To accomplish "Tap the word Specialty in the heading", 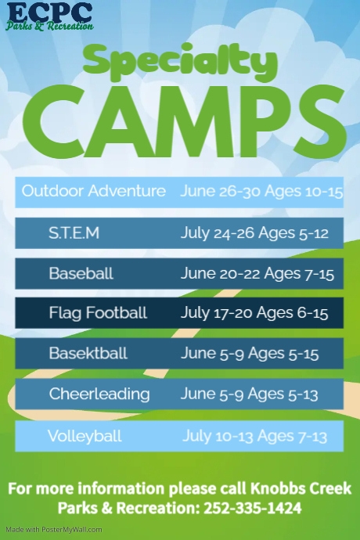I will (x=180, y=60).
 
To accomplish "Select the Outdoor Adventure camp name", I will (x=94, y=191).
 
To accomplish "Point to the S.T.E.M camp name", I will (x=74, y=233).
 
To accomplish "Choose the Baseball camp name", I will (x=81, y=274).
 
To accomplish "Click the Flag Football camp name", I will (x=98, y=313).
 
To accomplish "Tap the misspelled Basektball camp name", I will (x=88, y=354).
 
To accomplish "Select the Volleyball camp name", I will (x=85, y=436).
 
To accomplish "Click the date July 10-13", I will (x=221, y=436).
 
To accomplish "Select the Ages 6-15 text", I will (x=301, y=313).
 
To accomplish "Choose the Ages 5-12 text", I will (x=301, y=233).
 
